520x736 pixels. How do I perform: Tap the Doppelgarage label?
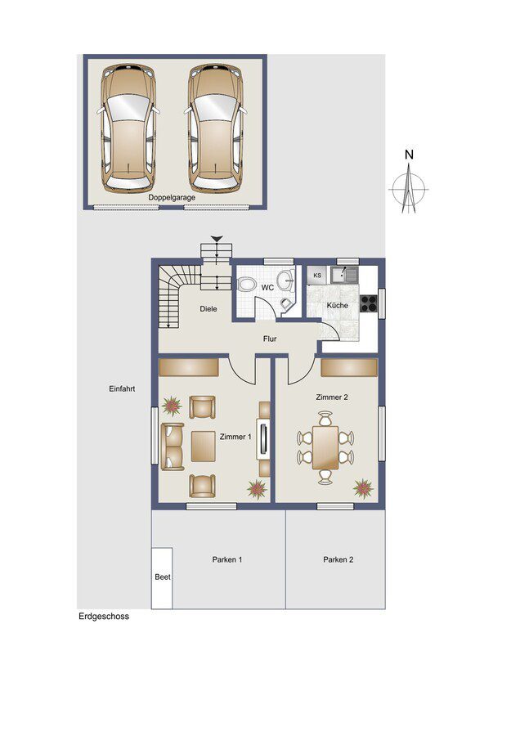172,197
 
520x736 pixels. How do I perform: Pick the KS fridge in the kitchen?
316,276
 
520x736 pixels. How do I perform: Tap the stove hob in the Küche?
368,303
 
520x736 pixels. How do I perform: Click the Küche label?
338,305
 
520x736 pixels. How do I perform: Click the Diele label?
210,309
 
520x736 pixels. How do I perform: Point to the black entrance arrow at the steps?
217,239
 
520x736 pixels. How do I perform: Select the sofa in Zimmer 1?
173,447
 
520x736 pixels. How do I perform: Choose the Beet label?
162,577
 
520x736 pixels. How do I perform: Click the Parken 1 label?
227,560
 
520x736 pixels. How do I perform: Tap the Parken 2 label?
338,560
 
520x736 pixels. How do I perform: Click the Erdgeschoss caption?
103,617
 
